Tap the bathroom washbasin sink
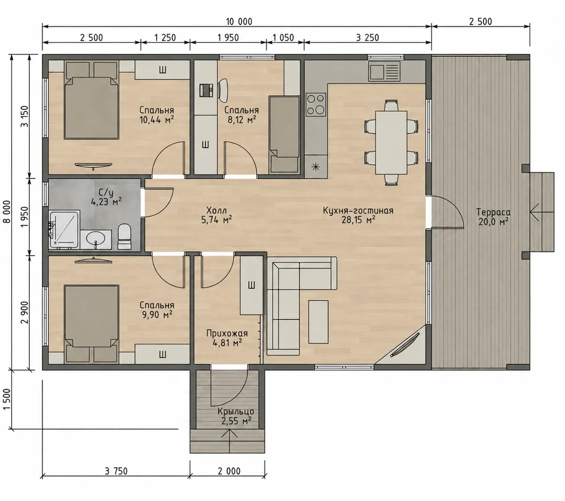[x=96, y=239]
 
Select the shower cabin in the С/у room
[x=64, y=230]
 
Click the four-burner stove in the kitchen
[x=316, y=104]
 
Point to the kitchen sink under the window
[x=384, y=71]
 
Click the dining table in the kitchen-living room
[x=391, y=142]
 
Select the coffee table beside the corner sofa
[x=318, y=322]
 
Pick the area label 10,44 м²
[x=157, y=120]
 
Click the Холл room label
[x=216, y=210]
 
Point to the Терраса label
[x=493, y=212]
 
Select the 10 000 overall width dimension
[x=239, y=22]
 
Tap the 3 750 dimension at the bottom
[x=116, y=471]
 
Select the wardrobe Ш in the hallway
[x=251, y=285]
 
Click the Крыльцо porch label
[x=236, y=411]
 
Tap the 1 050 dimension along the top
[x=283, y=37]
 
